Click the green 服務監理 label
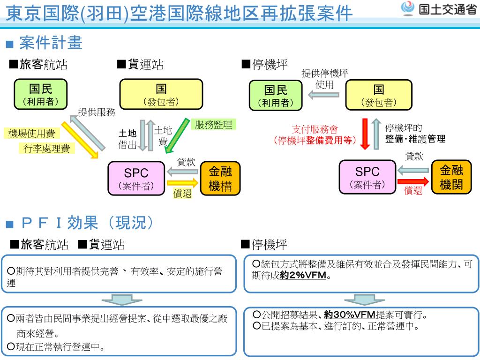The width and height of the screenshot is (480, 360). pyautogui.click(x=213, y=124)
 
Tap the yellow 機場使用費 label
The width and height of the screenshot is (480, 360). pyautogui.click(x=32, y=134)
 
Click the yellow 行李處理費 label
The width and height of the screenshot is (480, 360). pyautogui.click(x=46, y=149)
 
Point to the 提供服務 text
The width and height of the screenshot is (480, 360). pyautogui.click(x=97, y=112)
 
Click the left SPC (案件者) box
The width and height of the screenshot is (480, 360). pyautogui.click(x=136, y=178)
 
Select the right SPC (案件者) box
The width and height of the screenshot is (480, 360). pyautogui.click(x=367, y=177)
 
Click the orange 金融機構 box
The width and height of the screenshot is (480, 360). pyautogui.click(x=220, y=178)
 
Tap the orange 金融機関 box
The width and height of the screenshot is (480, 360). pyautogui.click(x=451, y=177)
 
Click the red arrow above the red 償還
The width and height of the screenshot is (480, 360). pyautogui.click(x=413, y=181)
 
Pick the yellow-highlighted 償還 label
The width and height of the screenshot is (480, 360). pyautogui.click(x=182, y=193)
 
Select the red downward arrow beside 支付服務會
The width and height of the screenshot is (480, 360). pyautogui.click(x=366, y=134)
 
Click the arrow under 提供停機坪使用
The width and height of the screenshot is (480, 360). pyautogui.click(x=323, y=95)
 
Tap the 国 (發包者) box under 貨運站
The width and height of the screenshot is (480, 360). pyautogui.click(x=161, y=94)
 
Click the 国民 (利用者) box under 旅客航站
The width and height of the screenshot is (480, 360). pyautogui.click(x=40, y=94)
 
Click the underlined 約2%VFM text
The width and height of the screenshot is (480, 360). pyautogui.click(x=303, y=275)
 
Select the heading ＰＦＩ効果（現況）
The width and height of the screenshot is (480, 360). pyautogui.click(x=87, y=223)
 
